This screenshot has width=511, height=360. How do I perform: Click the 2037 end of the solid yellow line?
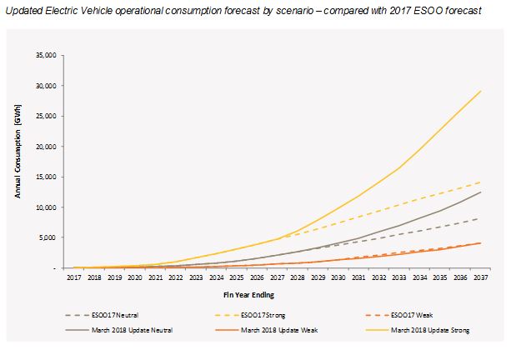click(481, 91)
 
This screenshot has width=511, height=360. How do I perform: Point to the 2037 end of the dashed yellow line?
click(481, 182)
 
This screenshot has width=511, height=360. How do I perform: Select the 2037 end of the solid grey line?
click(481, 192)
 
